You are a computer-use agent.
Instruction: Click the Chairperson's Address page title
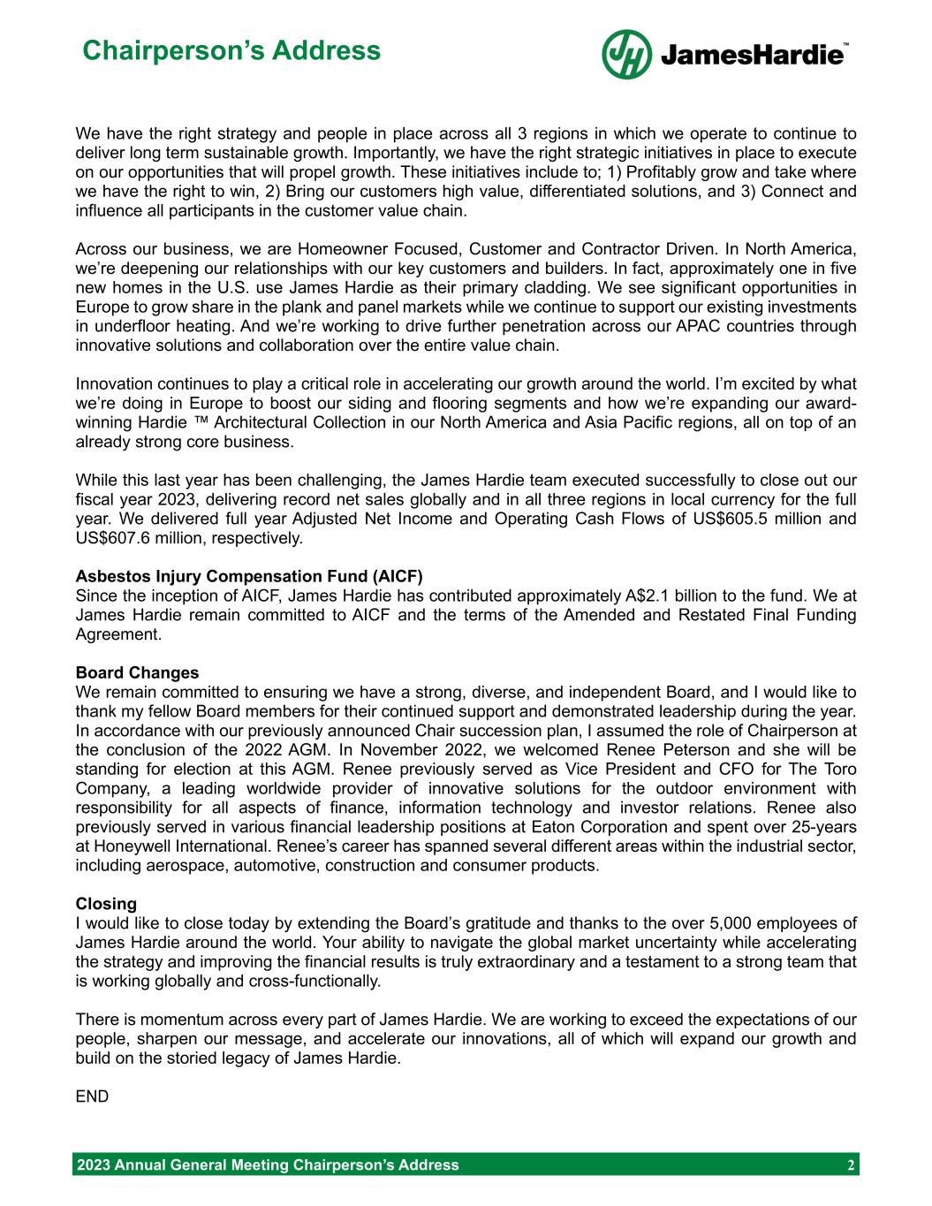tap(231, 50)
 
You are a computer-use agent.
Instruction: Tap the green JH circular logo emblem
tap(626, 54)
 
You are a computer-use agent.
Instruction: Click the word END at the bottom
tap(93, 1096)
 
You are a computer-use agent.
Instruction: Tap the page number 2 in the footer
tap(850, 1164)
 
